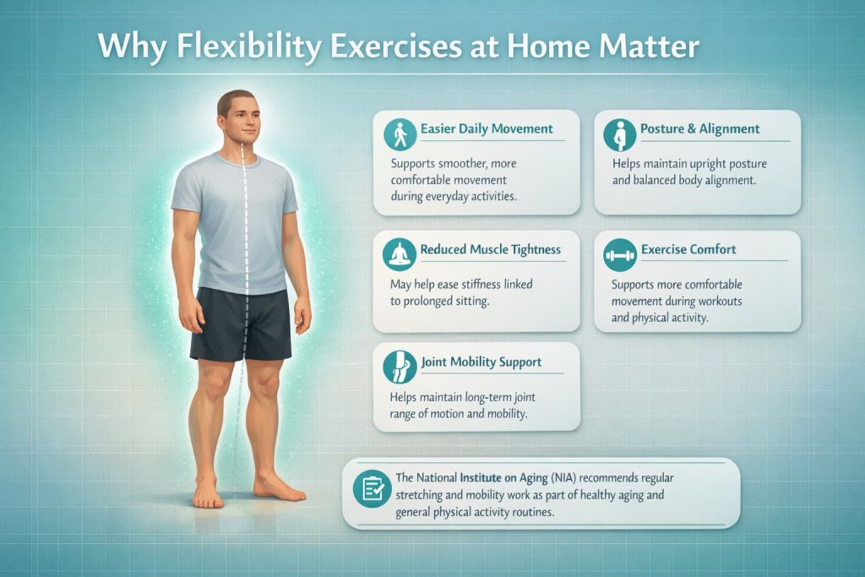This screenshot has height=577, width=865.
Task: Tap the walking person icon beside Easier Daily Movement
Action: [x=400, y=133]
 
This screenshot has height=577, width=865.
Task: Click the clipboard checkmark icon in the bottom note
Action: [x=373, y=489]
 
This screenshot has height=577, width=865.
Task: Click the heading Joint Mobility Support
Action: [x=481, y=362]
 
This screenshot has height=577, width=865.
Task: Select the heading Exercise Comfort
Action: [x=688, y=249]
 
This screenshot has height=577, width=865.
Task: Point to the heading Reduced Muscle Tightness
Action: [x=490, y=249]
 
